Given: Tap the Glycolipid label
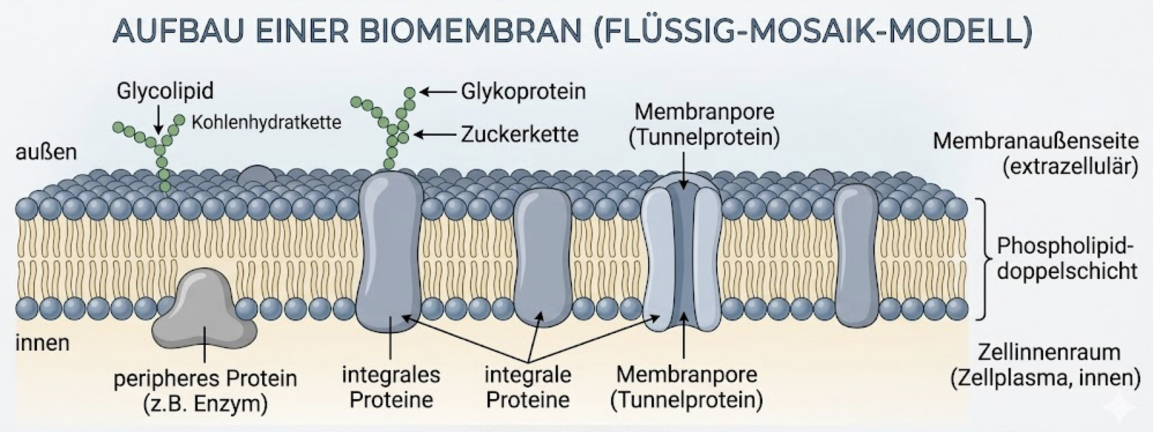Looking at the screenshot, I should pos(165,91).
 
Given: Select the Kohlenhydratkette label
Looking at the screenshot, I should pos(266,122).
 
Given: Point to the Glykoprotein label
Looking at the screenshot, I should pos(523,91).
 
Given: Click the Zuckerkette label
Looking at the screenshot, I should pos(520,135).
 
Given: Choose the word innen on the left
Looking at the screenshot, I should pos(43,343).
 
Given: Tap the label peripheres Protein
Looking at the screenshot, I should pos(205,379).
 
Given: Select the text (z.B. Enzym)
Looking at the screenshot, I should pos(205,403).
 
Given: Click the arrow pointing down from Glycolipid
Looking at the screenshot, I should pos(158,120).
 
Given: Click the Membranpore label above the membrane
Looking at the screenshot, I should pos(704,111).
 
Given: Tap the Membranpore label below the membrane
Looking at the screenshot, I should pos(687,374).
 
